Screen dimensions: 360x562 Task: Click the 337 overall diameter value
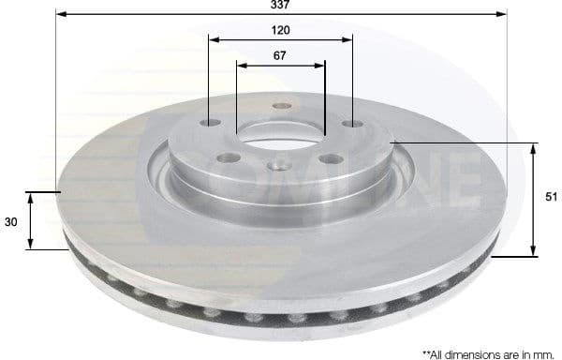280,5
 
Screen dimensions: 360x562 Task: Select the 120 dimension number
280,30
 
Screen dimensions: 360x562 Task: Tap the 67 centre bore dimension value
280,55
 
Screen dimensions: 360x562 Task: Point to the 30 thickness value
11,221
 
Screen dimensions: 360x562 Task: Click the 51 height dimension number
552,197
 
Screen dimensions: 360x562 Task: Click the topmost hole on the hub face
280,106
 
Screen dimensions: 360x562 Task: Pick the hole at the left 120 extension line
211,123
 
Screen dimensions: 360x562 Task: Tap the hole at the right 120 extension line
351,124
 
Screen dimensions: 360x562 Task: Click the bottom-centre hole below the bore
278,167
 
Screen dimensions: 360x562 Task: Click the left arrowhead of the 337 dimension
61,14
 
